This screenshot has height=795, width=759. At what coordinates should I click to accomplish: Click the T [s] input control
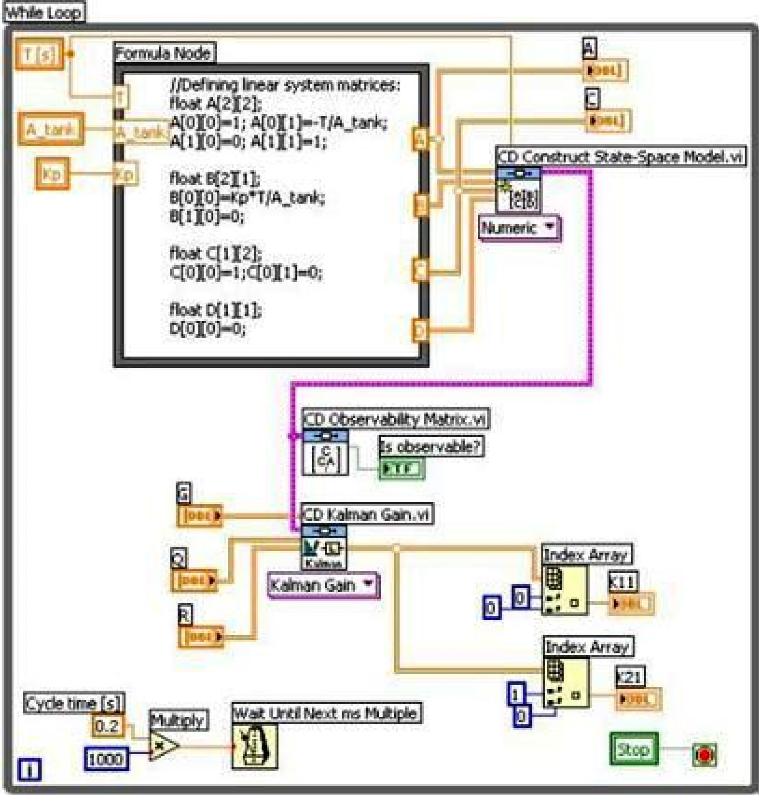coord(39,54)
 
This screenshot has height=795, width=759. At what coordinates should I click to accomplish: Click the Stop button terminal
coord(634,749)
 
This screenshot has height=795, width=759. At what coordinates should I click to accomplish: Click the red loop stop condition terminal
coord(704,755)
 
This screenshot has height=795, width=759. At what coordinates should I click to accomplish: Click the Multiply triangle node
coord(163,746)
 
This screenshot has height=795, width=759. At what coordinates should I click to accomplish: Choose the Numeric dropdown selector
coord(519,229)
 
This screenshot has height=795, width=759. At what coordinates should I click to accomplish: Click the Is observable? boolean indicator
coord(401,469)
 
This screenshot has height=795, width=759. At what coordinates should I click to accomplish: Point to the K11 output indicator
coord(631,604)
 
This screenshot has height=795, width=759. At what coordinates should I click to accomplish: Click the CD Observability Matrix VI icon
coord(326,453)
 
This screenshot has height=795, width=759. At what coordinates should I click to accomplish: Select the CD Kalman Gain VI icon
coord(324,547)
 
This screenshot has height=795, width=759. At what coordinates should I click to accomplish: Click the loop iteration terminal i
coord(29,769)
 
